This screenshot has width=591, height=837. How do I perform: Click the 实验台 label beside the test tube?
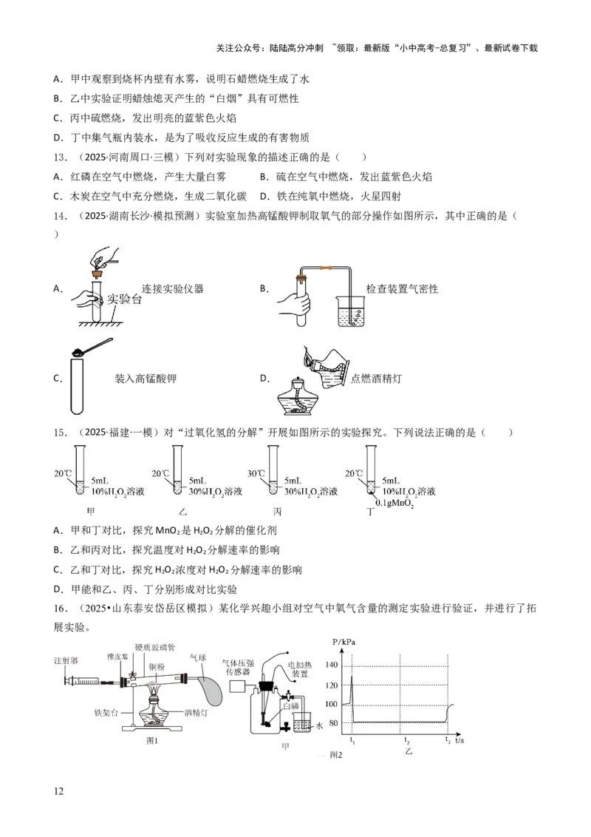pos(123,299)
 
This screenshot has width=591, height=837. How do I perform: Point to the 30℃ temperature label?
pos(257,474)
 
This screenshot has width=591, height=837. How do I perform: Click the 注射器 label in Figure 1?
pos(66,660)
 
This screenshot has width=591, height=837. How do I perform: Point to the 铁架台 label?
pos(106,714)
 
